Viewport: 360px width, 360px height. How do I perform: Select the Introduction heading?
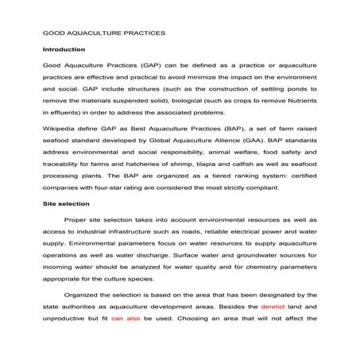(64, 49)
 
